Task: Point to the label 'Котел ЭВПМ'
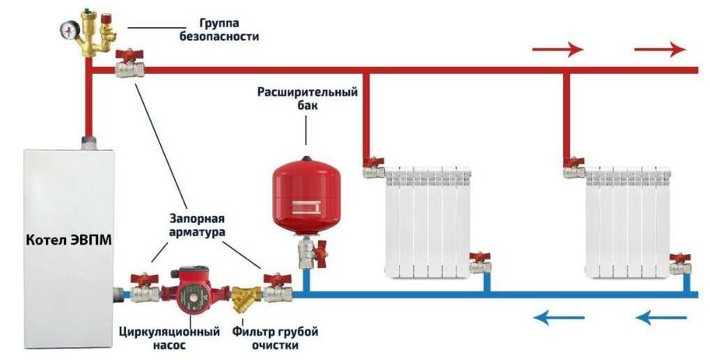pyautogui.click(x=68, y=240)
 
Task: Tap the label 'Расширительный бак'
pyautogui.click(x=307, y=98)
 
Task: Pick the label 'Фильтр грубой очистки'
pyautogui.click(x=271, y=338)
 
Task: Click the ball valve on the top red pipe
pyautogui.click(x=129, y=65)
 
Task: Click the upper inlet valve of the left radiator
pyautogui.click(x=374, y=167)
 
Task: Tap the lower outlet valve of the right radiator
pyautogui.click(x=680, y=263)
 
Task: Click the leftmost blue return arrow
pyautogui.click(x=559, y=318)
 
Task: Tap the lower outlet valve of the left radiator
pyautogui.click(x=480, y=263)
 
